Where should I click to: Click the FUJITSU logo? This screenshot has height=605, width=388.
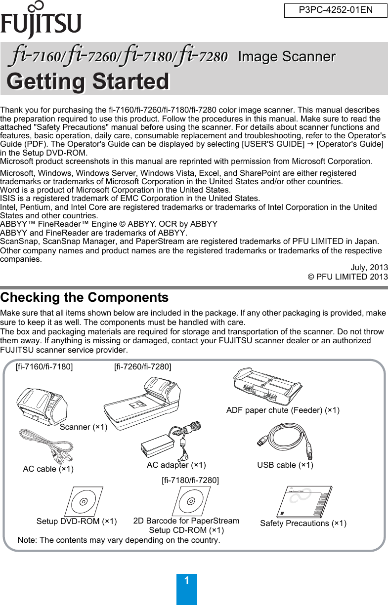click(41, 21)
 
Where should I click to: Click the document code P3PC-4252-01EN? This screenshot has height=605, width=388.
click(335, 10)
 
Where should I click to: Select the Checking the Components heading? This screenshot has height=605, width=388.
click(85, 298)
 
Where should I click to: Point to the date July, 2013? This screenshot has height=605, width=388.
click(369, 268)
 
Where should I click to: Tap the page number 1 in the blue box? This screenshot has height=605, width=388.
click(186, 581)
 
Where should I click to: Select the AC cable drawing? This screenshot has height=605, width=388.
click(46, 446)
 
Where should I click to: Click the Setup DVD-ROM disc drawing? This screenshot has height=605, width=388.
click(83, 501)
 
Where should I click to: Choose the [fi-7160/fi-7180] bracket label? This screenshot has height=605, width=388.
click(44, 366)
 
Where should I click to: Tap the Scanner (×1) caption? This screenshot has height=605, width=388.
click(84, 427)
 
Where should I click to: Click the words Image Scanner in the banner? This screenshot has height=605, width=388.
click(286, 57)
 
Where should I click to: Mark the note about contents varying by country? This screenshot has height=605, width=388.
click(119, 540)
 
